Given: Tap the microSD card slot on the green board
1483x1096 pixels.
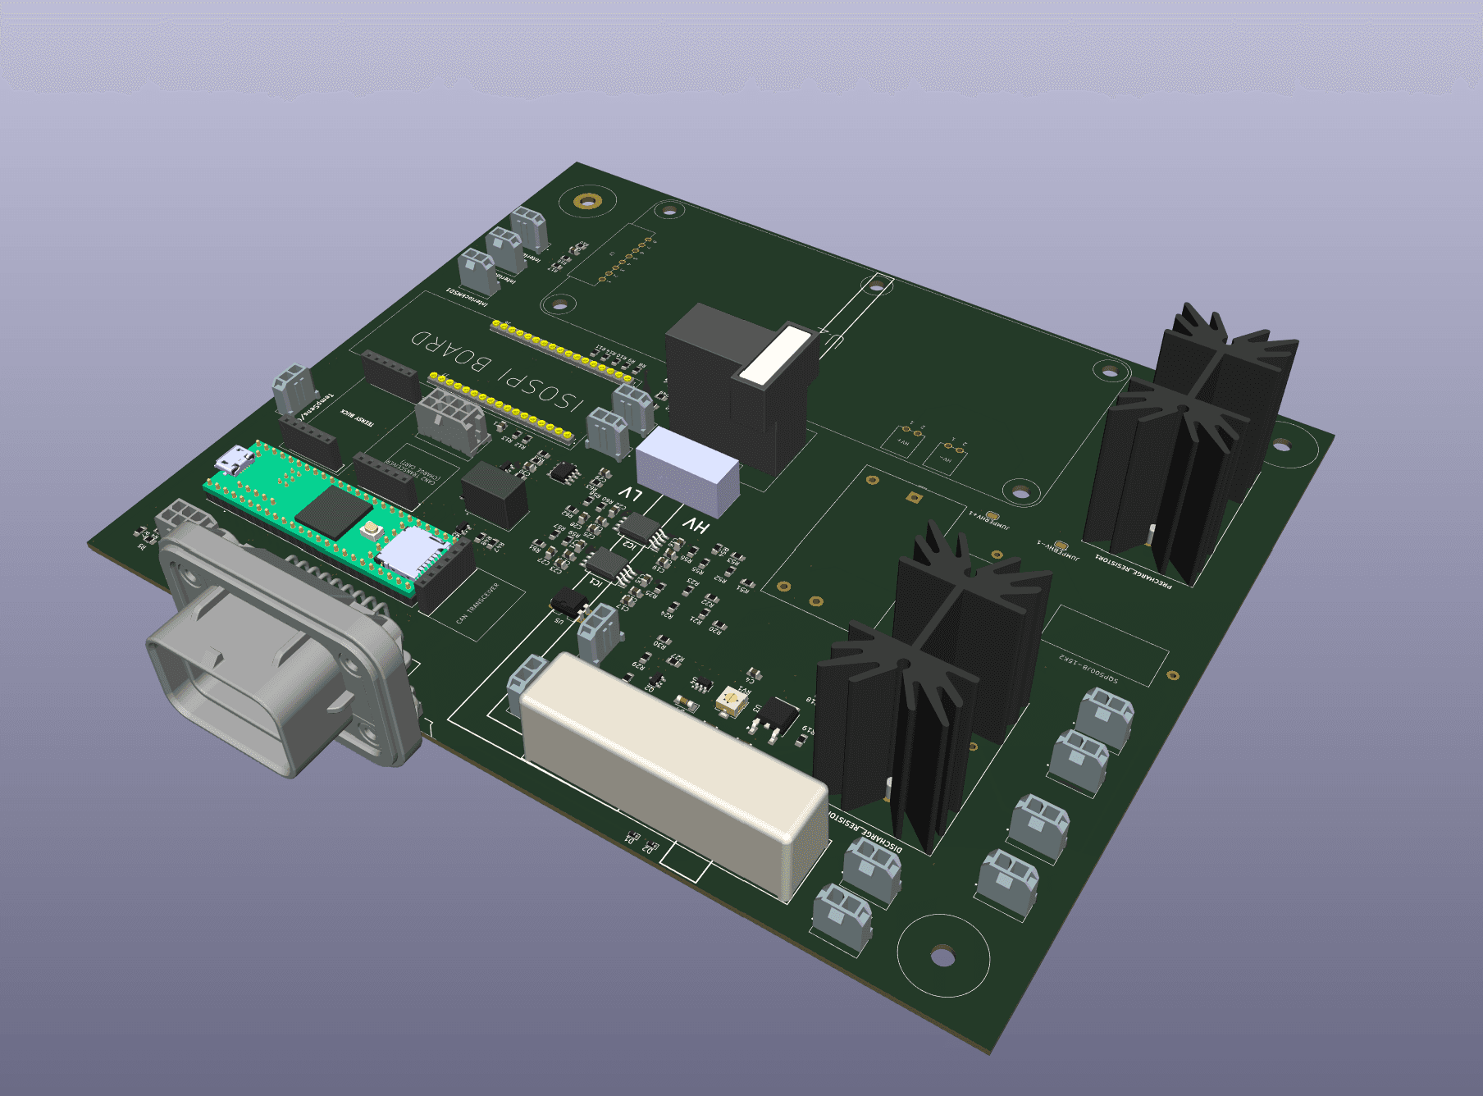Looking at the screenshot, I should (408, 550).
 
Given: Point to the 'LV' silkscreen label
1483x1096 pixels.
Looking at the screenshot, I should (630, 494).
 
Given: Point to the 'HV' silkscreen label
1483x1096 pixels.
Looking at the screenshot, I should (696, 525).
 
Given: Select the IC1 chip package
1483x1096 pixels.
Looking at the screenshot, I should (605, 564).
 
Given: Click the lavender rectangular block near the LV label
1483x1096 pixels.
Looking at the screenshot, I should (687, 472).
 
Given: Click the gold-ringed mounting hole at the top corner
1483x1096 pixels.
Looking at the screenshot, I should (587, 201).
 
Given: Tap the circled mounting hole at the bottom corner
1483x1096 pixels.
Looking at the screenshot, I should (942, 957).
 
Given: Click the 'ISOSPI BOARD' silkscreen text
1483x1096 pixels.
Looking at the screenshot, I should (497, 372).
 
